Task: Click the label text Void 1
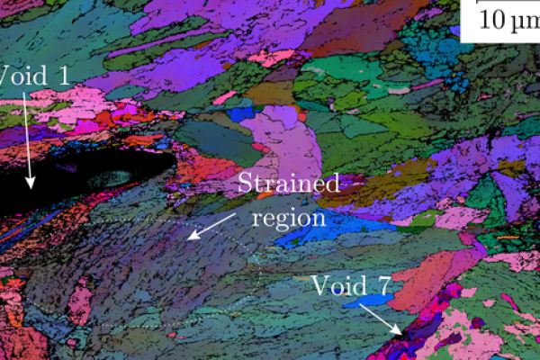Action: (x=34, y=76)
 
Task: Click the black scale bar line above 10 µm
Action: (x=499, y=2)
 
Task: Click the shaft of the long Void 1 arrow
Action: (x=27, y=135)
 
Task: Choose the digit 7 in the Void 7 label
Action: (x=382, y=286)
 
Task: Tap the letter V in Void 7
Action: (x=319, y=286)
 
